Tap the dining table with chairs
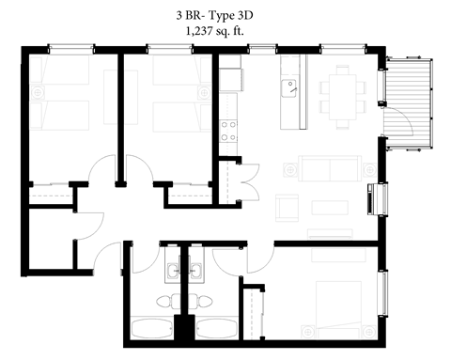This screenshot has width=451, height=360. point(343,92)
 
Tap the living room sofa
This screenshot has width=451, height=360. point(329,169)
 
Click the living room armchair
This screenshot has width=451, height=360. point(292,206)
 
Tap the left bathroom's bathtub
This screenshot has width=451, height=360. point(149,329)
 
